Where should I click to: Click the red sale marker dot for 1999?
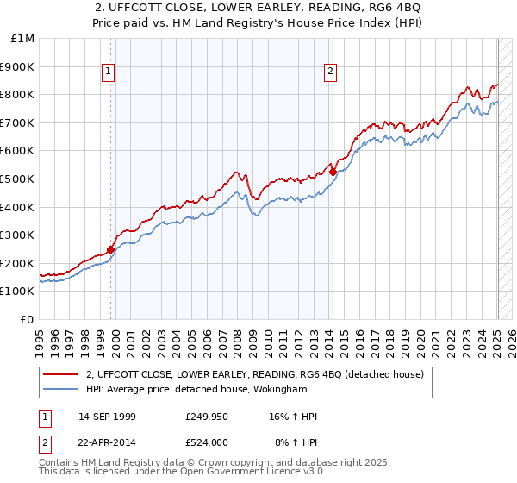pos(111,249)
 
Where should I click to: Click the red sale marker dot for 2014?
pos(333,172)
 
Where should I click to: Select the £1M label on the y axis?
pos(23,39)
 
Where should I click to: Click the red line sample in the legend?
pos(61,375)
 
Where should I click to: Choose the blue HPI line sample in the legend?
pos(61,390)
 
